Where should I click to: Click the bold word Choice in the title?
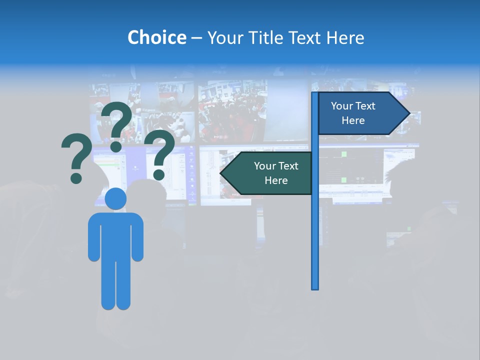(156, 37)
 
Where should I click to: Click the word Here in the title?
(345, 37)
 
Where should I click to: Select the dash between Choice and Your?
(196, 38)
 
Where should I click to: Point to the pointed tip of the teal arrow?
(221, 173)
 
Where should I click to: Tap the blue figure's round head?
(115, 198)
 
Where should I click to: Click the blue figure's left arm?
(94, 240)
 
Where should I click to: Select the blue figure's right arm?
(137, 240)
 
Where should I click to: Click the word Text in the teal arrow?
(288, 166)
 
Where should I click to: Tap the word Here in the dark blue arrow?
(353, 120)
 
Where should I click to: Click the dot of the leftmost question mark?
(76, 177)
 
